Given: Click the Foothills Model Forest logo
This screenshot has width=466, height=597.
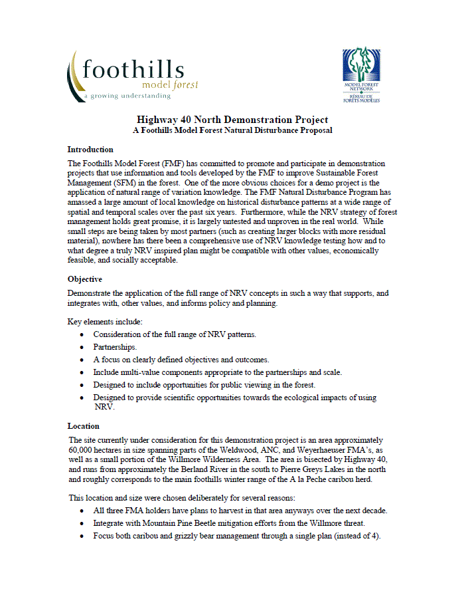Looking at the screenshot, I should [x=133, y=74].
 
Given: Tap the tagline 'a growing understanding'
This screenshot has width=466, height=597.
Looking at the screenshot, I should [x=127, y=96].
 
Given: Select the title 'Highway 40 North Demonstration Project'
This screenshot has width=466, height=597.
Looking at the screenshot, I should [x=232, y=120].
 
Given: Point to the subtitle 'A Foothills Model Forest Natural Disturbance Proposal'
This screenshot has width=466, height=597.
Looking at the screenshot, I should [x=232, y=131].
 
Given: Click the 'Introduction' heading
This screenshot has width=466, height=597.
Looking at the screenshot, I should [x=90, y=150].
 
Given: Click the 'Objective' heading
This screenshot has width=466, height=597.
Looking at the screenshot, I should [x=84, y=279].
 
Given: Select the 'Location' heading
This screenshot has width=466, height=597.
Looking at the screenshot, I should [x=83, y=425].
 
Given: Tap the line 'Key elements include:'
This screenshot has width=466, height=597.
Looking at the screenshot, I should [x=104, y=322].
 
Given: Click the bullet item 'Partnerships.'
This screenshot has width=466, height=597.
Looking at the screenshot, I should [x=115, y=347].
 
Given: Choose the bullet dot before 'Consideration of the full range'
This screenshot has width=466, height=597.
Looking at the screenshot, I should [x=81, y=334].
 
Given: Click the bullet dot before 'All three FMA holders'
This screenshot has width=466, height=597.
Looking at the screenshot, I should [x=81, y=511].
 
